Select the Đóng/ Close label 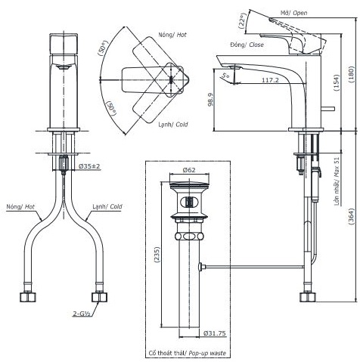coord(246,45)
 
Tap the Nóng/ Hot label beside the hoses coord(19,206)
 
